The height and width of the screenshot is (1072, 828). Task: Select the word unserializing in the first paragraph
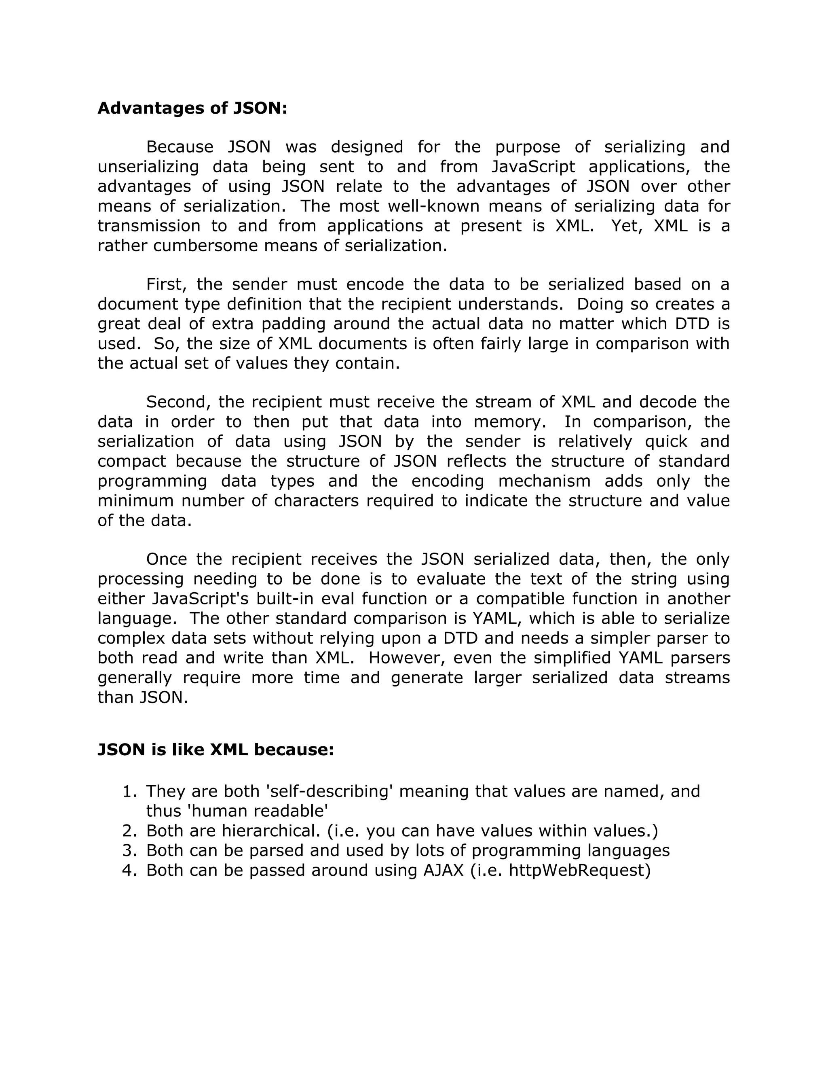148,167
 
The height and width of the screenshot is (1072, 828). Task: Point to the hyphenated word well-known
428,206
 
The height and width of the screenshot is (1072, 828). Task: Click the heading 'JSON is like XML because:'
215,750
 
